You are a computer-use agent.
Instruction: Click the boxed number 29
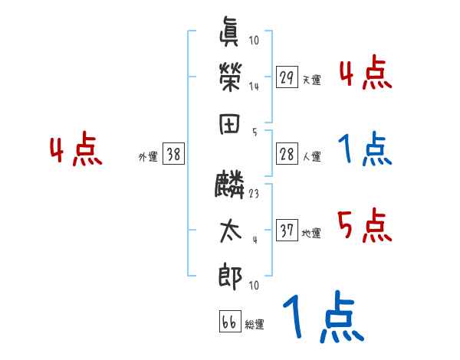pos(287,77)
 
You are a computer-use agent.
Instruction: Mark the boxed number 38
pos(173,154)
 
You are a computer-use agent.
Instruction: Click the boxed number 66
pos(228,322)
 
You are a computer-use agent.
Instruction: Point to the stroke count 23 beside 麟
pos(254,194)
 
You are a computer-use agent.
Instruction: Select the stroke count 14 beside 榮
pos(254,86)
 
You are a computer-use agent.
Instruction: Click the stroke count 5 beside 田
pos(255,132)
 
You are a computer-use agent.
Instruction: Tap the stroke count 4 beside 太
pos(255,239)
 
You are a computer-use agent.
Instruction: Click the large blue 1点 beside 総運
pos(322,316)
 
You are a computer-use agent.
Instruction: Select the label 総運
pos(255,325)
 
